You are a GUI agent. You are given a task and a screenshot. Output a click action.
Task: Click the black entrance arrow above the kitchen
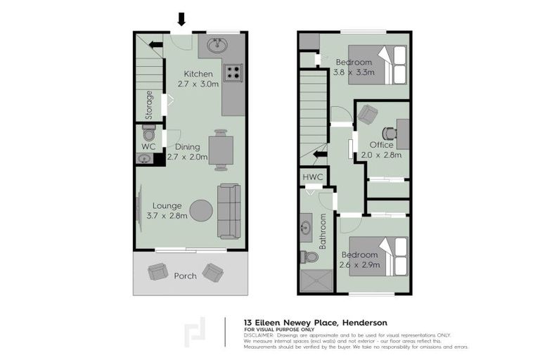click(x=181, y=19)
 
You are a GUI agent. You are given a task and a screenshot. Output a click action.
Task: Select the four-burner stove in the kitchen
click(x=232, y=72)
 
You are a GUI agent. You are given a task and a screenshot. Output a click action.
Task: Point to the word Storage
click(x=149, y=104)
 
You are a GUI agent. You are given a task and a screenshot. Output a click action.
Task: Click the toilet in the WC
click(x=148, y=132)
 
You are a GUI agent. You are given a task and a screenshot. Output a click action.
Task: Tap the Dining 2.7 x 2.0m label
click(x=188, y=152)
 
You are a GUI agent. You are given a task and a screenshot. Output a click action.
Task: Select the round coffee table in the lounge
click(x=201, y=210)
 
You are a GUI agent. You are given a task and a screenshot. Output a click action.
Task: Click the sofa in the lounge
click(x=229, y=211)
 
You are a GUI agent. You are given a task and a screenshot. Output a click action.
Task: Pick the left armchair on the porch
click(x=156, y=271)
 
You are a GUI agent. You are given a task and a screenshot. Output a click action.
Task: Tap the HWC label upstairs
click(x=312, y=177)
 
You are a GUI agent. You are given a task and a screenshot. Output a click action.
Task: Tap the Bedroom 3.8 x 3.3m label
click(x=354, y=67)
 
